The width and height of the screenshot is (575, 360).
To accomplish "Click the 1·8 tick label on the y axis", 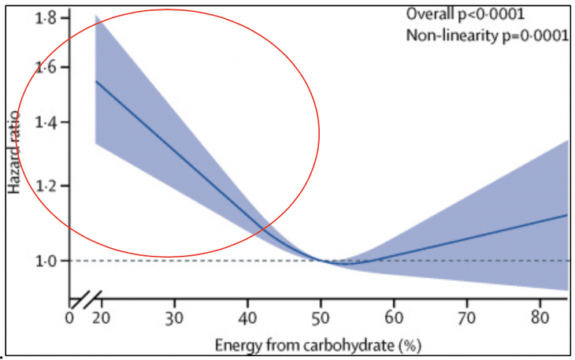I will [49, 17].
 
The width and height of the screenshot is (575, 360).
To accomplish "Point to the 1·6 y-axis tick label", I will [49, 69].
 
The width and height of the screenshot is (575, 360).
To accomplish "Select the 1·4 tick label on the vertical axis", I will [49, 123].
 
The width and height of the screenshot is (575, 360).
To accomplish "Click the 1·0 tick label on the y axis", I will [49, 261].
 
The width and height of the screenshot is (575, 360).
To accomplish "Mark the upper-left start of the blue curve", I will [96, 81].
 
